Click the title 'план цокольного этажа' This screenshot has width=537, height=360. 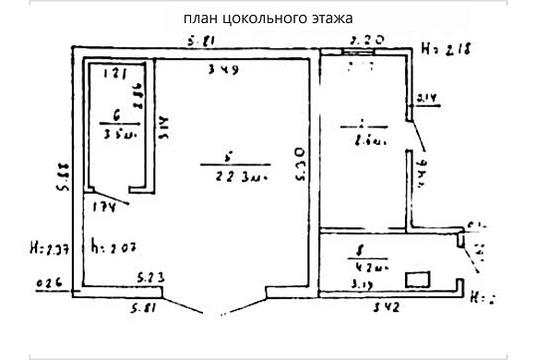coord(268,18)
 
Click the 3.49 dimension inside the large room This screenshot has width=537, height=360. coord(220,69)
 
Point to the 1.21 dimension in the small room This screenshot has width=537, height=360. coord(113,71)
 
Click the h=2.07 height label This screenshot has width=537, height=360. coord(112,247)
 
